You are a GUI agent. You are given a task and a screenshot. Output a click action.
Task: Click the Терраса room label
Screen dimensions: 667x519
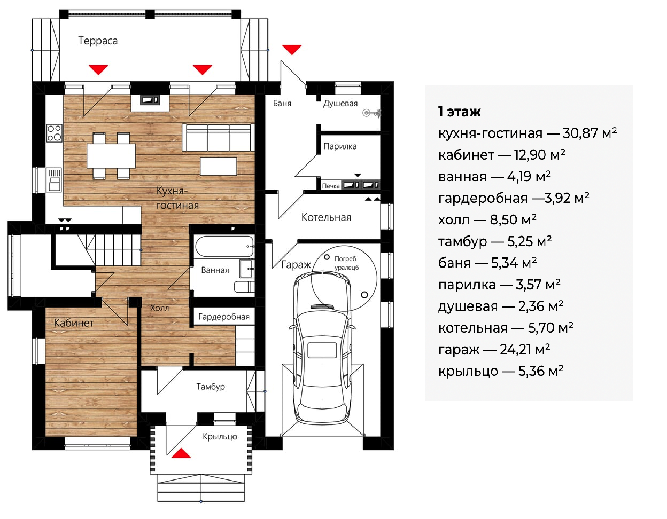pos(98,41)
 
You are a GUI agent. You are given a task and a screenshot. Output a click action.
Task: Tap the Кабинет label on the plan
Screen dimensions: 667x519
pos(74,323)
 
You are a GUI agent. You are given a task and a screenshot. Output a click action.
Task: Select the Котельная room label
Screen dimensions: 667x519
pos(326,217)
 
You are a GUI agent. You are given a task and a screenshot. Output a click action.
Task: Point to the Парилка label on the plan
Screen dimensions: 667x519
pos(340,146)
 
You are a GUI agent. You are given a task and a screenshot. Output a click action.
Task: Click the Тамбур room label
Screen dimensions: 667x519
pos(211,387)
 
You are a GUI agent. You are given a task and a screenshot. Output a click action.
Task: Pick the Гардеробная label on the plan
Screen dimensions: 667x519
pos(224,317)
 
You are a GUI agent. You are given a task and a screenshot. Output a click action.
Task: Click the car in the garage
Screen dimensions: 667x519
pos(322,348)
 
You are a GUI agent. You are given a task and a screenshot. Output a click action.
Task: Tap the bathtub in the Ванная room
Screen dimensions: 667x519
pos(224,246)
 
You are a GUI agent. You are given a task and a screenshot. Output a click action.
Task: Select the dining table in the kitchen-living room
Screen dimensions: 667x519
pos(111,156)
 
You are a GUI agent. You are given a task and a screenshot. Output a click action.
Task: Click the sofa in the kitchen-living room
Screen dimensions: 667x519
pos(218,137)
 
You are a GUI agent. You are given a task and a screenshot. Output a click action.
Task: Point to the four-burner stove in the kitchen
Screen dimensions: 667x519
pos(54,133)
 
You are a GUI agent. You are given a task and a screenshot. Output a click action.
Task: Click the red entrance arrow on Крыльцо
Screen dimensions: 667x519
pos(181,453)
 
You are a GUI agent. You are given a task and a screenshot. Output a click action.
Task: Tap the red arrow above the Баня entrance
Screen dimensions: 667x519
pos(292,50)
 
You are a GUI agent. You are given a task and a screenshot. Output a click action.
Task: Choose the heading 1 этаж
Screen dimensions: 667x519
pos(459,112)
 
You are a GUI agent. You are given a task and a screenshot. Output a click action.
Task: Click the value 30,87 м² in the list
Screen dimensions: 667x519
pos(590,133)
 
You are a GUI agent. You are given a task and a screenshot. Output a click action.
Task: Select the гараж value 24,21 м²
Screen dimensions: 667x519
pos(525,349)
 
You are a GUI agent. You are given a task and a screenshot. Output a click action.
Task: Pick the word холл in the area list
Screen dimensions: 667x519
pos(454,220)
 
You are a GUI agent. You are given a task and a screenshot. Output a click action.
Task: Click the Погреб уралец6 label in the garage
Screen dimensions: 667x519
pos(346,263)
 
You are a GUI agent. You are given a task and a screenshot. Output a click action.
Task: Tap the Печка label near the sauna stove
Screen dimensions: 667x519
pos(331,186)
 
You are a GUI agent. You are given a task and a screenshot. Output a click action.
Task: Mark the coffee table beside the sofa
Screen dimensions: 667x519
pos(218,166)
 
